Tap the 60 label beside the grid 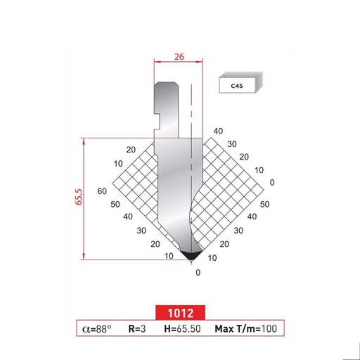(x=102, y=191)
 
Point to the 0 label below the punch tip (x=198, y=272)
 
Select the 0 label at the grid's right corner (x=271, y=182)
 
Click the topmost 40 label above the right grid (x=218, y=131)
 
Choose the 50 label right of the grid (x=264, y=204)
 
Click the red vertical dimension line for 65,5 (x=84, y=198)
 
